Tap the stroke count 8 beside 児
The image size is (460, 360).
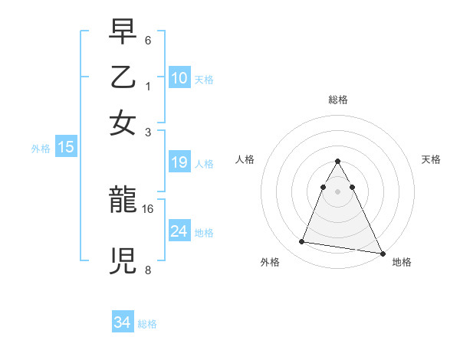coord(148,269)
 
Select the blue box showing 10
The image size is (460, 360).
coord(179,78)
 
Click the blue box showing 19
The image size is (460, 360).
coord(179,162)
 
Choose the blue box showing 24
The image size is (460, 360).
coord(179,231)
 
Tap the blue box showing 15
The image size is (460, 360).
coord(66,148)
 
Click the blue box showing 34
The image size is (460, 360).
coord(123,322)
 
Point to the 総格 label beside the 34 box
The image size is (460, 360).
coord(147,324)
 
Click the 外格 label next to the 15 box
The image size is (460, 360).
coord(41,149)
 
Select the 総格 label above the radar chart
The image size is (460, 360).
coord(337,100)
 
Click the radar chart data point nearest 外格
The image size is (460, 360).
coord(301,242)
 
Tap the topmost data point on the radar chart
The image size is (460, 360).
coord(337,162)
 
